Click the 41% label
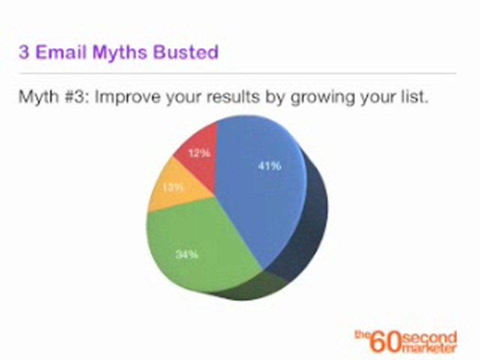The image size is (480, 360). pyautogui.click(x=269, y=166)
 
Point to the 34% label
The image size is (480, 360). pyautogui.click(x=187, y=254)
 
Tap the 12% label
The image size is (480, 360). pyautogui.click(x=199, y=153)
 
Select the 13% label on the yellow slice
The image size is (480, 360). pyautogui.click(x=173, y=188)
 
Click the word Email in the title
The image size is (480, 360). pyautogui.click(x=62, y=52)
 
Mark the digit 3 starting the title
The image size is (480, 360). pyautogui.click(x=23, y=52)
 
